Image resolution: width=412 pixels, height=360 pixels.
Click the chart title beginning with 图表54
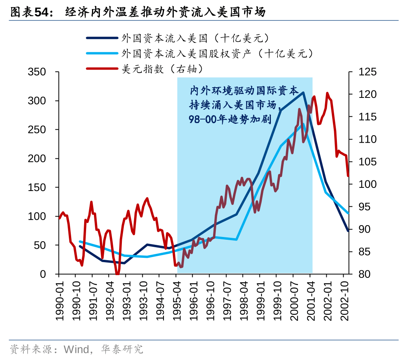[138, 12]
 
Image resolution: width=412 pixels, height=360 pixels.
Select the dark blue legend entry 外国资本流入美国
[195, 38]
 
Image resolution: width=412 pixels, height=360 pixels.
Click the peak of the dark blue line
[303, 92]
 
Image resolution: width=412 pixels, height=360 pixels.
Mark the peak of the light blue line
[303, 124]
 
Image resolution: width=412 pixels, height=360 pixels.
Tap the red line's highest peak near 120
[327, 93]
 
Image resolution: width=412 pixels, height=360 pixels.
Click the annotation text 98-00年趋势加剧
[230, 119]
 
